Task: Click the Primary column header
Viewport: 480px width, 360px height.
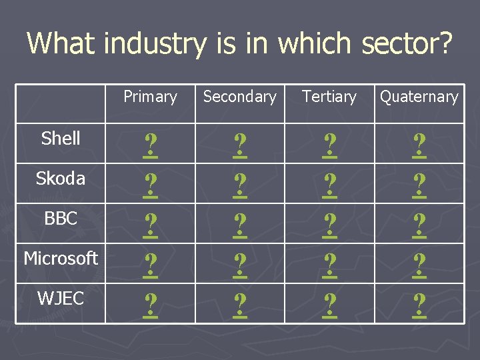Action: pyautogui.click(x=150, y=97)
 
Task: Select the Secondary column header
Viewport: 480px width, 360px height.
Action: pyautogui.click(x=239, y=97)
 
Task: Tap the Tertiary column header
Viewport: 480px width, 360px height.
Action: pyautogui.click(x=329, y=97)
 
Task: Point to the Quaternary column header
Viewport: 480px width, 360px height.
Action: pyautogui.click(x=419, y=97)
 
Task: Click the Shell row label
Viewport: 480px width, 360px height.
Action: pyautogui.click(x=61, y=139)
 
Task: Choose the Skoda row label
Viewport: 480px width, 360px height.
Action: pyautogui.click(x=61, y=179)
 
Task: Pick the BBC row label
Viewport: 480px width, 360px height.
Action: pyautogui.click(x=61, y=219)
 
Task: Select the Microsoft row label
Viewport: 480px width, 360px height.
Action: pyautogui.click(x=61, y=258)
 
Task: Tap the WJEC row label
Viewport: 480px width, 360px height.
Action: pyautogui.click(x=61, y=299)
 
